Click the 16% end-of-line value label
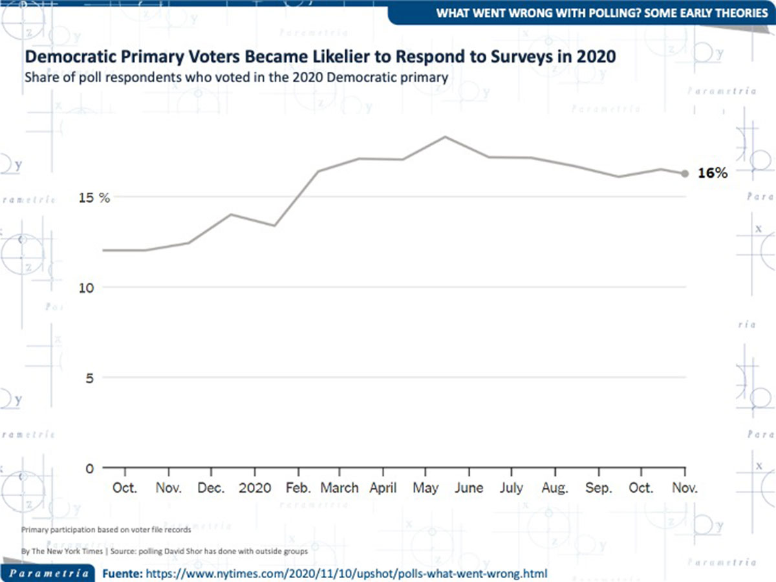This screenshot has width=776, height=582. [713, 173]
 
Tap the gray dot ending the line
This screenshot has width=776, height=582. [685, 173]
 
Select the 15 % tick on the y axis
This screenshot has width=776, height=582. [94, 198]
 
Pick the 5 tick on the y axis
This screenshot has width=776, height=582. [91, 378]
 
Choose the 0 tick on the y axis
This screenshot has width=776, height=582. [91, 468]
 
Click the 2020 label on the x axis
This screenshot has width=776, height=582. [255, 488]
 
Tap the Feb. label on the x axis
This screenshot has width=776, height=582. [298, 488]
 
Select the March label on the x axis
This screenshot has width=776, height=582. [339, 488]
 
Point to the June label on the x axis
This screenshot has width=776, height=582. [469, 488]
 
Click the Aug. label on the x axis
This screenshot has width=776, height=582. [555, 488]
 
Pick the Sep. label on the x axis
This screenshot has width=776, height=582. [599, 488]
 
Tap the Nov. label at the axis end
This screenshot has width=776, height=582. [684, 488]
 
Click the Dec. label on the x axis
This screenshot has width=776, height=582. [211, 488]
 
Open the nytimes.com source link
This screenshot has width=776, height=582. [347, 573]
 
